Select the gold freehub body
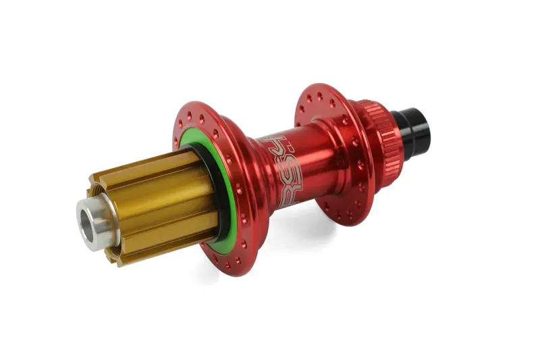(x=155, y=196)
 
